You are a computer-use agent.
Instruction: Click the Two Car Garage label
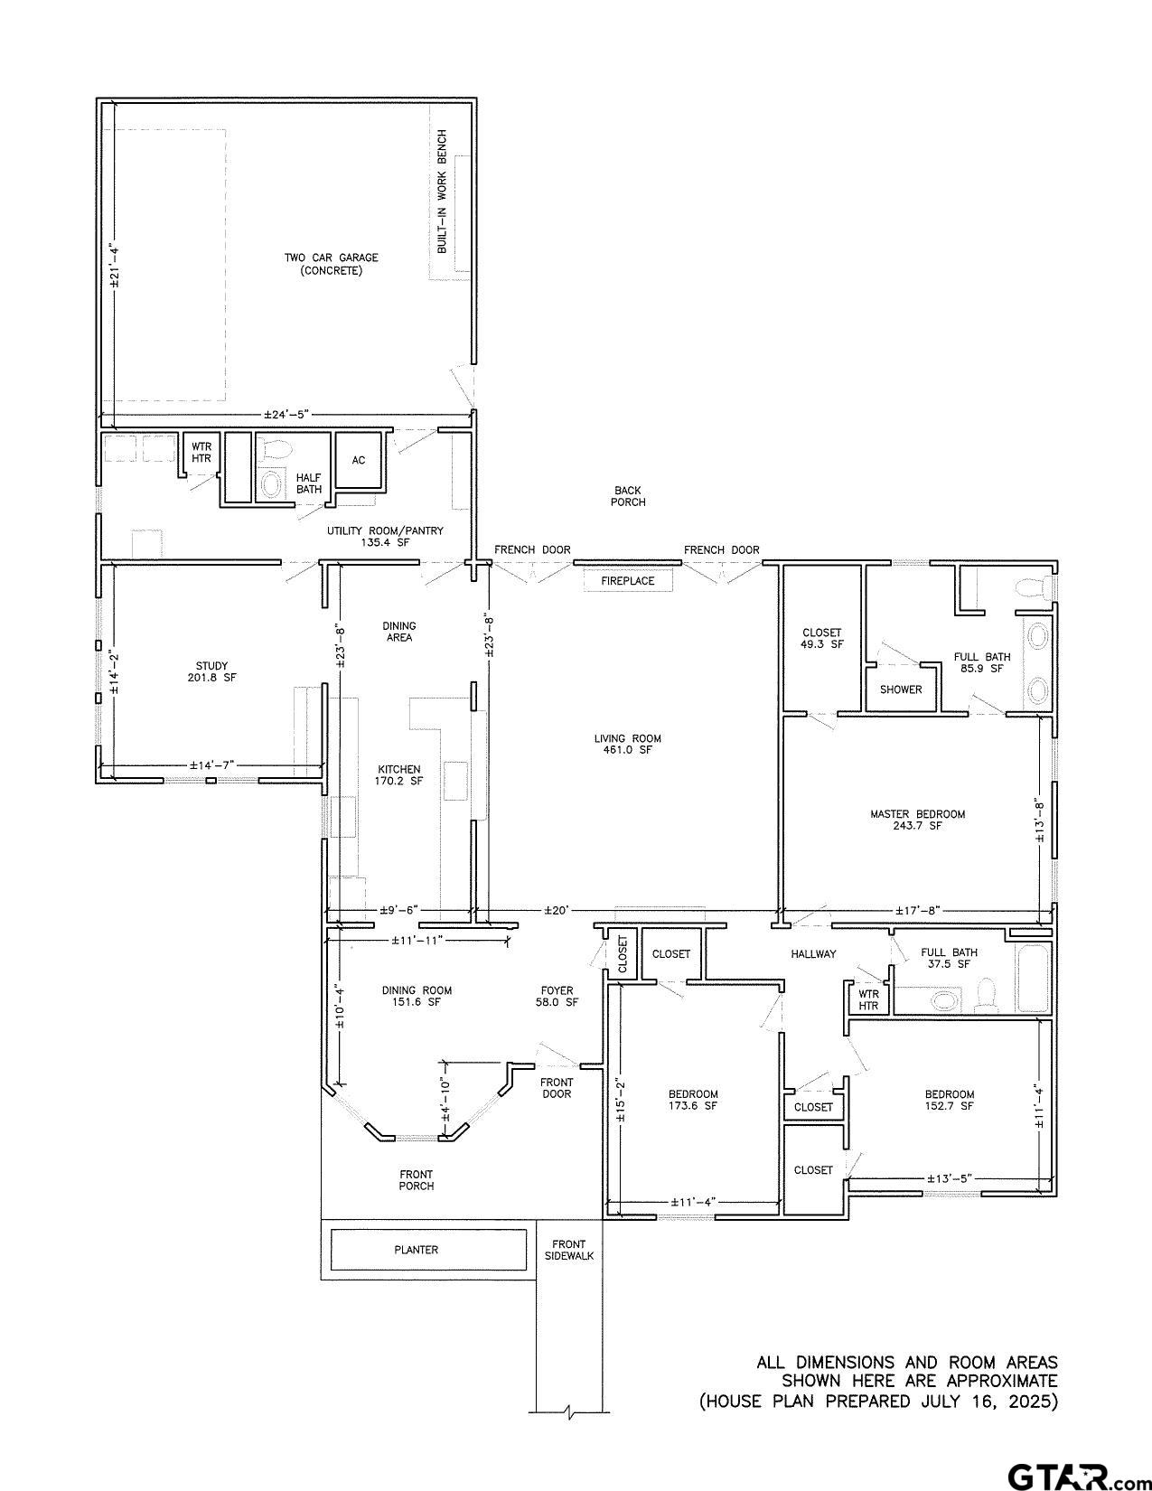point(331,264)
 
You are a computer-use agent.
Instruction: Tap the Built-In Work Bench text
point(443,192)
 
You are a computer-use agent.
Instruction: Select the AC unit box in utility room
point(359,460)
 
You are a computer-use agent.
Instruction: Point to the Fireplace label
point(627,581)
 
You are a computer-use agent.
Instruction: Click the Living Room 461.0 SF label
point(627,744)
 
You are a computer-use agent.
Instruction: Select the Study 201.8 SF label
point(211,671)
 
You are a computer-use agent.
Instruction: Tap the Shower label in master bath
point(901,689)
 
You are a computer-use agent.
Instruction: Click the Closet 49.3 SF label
point(821,639)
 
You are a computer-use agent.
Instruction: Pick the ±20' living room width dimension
point(556,910)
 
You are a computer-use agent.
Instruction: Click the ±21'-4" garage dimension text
point(114,266)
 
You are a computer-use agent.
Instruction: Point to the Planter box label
point(417,1250)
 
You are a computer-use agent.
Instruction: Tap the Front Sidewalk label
point(569,1250)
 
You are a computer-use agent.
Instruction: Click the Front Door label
point(557,1088)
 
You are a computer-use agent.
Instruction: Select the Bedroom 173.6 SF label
point(693,1100)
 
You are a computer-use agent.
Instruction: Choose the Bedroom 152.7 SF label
point(949,1100)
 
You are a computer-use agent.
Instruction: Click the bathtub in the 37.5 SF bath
point(1033,979)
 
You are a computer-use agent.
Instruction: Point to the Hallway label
point(813,953)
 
